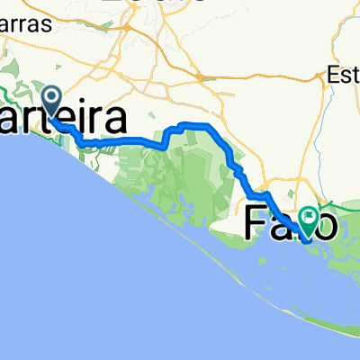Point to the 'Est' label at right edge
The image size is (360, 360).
coord(343,74)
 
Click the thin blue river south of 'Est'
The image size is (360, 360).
coord(347,135)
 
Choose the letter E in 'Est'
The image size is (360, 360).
coord(335,74)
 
